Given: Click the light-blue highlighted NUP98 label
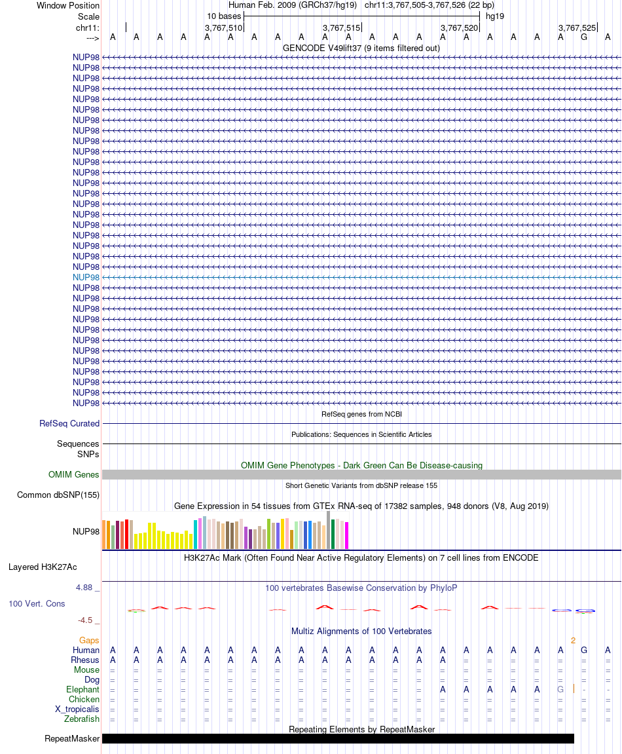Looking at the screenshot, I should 86,277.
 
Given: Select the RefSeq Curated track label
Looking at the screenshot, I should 69,424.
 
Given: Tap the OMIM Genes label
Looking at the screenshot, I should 74,475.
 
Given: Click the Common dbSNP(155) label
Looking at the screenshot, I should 58,495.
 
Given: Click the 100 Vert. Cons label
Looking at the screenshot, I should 37,603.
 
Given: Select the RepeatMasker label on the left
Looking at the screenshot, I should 72,739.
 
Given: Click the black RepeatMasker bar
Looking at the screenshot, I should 338,738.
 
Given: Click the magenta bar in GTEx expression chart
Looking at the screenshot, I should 347,535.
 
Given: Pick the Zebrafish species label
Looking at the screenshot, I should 82,719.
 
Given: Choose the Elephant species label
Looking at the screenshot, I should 83,690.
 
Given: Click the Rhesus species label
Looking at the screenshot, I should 86,660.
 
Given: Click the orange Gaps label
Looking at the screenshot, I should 89,640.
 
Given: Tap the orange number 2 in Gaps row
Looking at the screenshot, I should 573,640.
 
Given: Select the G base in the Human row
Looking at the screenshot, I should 584,650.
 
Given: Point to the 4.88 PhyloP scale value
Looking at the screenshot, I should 85,588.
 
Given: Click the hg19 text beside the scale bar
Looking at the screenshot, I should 495,16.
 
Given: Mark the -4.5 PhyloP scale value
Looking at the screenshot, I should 85,620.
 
